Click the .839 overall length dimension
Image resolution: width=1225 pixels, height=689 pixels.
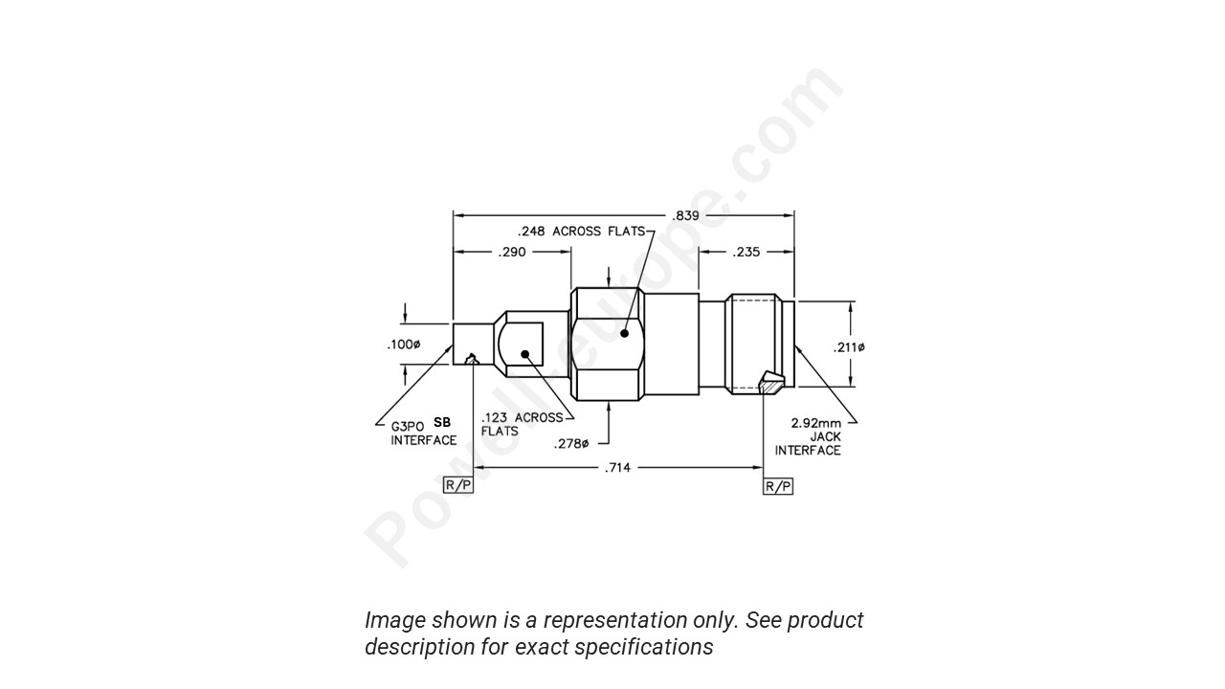click(685, 215)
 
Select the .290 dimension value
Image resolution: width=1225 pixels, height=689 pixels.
click(512, 253)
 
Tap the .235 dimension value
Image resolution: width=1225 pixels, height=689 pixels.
click(746, 253)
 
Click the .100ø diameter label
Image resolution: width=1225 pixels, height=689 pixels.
click(403, 344)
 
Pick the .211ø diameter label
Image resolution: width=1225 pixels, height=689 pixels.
click(848, 347)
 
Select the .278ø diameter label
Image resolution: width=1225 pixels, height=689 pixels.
click(571, 443)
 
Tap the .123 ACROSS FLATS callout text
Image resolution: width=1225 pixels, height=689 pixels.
click(522, 424)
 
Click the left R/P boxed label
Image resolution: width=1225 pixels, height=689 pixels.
click(458, 485)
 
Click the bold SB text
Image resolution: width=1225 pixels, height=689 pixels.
click(442, 422)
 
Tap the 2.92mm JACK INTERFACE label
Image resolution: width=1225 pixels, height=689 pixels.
click(810, 436)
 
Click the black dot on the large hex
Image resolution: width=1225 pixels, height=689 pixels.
click(624, 334)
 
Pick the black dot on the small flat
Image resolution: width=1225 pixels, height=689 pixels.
click(525, 354)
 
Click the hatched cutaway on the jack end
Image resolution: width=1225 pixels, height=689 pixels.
click(770, 383)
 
